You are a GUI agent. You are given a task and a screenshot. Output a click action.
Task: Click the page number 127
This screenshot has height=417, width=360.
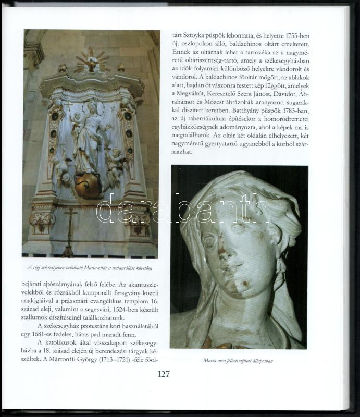(x=163, y=374)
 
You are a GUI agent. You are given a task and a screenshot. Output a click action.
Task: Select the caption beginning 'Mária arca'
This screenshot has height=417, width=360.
(x=239, y=359)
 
